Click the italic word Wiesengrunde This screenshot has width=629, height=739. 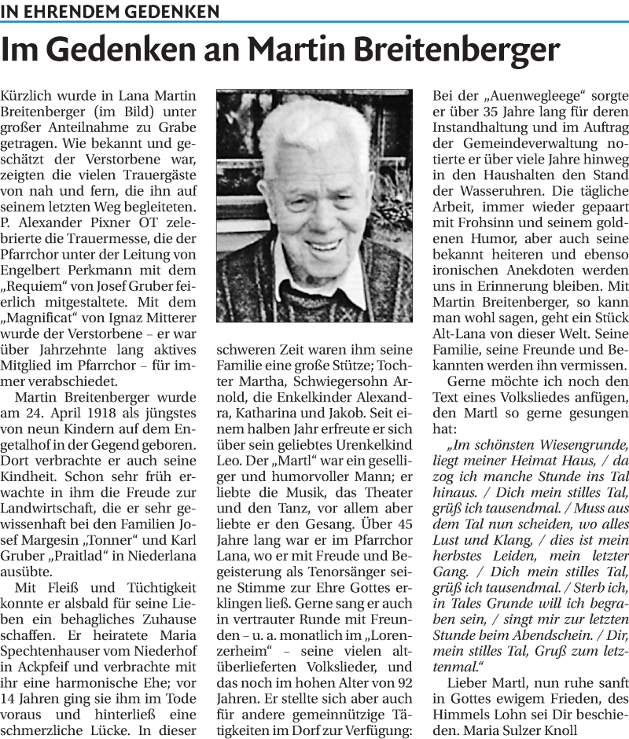coord(575,445)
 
